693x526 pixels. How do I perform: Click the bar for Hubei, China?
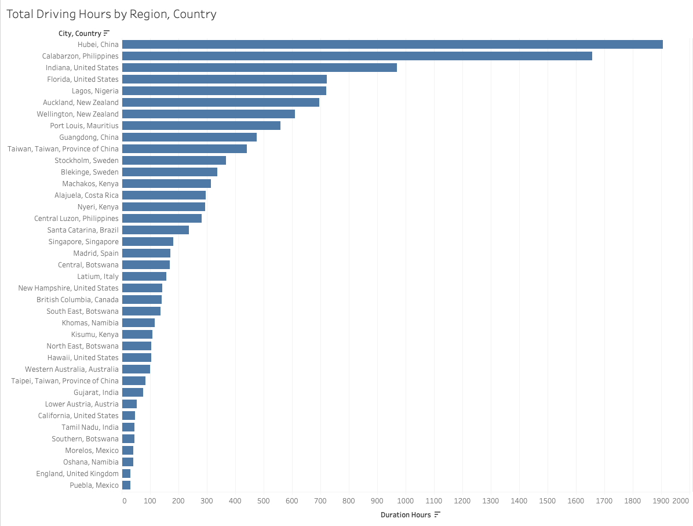392,45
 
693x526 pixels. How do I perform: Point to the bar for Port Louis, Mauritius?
201,126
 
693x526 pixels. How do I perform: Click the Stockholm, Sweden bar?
174,161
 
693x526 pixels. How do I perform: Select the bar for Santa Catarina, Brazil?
155,230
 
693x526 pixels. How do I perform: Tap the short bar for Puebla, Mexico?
126,485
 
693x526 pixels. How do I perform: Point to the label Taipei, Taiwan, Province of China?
65,381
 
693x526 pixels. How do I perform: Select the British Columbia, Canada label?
78,300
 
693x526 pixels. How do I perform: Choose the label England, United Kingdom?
77,474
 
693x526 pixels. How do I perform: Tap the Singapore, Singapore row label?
83,242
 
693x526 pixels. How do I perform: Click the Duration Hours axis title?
406,515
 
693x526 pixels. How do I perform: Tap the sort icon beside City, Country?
107,33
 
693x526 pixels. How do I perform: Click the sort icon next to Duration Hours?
437,514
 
